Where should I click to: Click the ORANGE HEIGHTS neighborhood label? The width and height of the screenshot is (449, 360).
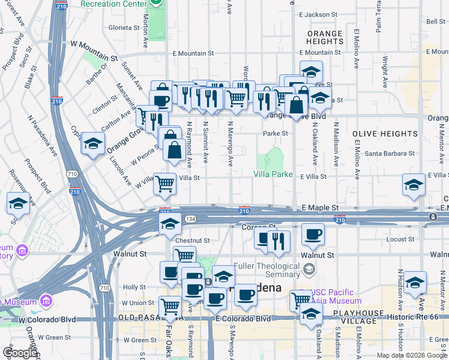325,38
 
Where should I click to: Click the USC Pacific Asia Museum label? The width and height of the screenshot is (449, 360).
335,296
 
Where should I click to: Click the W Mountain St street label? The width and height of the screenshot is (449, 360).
94,44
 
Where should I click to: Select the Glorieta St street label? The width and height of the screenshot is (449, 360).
124,28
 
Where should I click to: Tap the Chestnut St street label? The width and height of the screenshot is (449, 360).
193,241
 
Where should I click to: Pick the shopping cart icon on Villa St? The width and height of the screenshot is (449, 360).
164,184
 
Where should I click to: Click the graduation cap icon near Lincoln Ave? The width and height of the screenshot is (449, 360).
93,143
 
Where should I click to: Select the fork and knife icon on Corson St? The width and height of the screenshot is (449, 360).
279,241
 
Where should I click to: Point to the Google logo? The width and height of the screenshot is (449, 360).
20,353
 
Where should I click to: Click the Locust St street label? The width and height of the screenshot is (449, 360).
397,239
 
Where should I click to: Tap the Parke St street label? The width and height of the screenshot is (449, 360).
276,133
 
